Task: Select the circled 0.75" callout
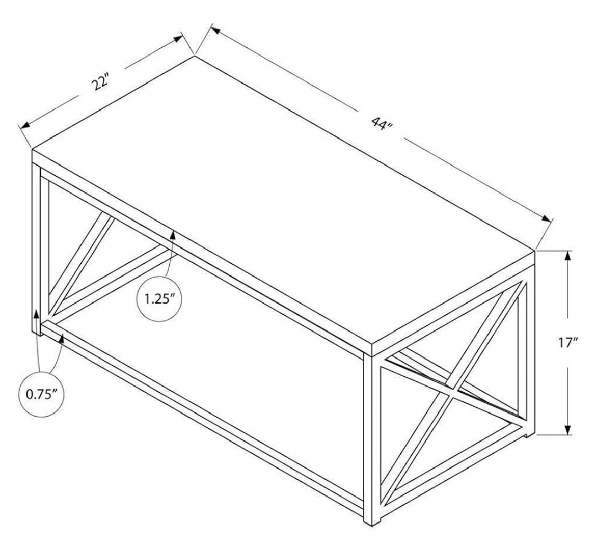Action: tap(40, 395)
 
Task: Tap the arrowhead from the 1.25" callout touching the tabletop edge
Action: tap(173, 235)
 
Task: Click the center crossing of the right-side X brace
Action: tap(452, 390)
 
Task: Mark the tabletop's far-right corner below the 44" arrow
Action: tap(534, 251)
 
